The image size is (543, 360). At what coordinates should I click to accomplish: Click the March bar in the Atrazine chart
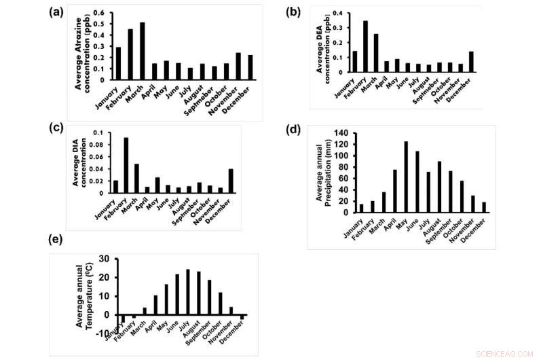coord(142,52)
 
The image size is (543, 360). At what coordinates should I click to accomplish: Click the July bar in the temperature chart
coord(188,292)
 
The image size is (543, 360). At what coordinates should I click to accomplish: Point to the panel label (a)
coord(58,12)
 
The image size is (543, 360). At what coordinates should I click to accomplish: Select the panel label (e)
coord(58,241)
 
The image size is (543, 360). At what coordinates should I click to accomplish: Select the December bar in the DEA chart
coord(471,62)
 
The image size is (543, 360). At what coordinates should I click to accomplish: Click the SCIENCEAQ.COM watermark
coord(509,353)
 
